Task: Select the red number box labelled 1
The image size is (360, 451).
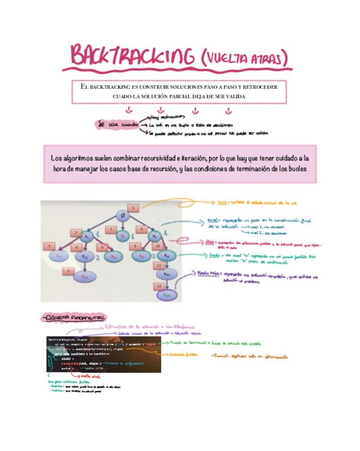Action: coord(132,207)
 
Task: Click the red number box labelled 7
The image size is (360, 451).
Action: coord(111,229)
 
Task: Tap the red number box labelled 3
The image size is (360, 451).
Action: coord(49,246)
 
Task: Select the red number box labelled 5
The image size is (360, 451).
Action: coord(68,271)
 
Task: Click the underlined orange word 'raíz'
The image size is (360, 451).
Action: coord(223,203)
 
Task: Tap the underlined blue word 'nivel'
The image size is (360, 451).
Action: coord(213,220)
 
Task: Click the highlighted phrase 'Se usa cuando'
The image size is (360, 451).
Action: coord(117,124)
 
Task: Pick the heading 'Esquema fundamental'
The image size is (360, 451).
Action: coord(75,318)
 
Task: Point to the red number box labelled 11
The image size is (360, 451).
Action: coord(158,264)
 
